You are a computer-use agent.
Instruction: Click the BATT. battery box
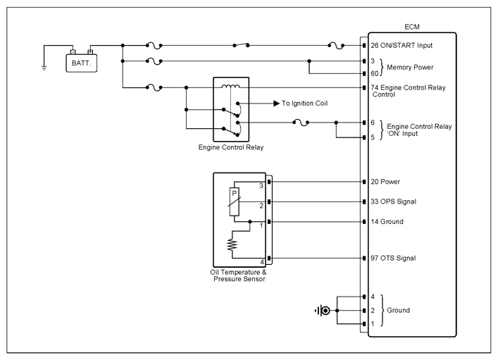[81, 63]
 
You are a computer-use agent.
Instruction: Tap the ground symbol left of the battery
[44, 68]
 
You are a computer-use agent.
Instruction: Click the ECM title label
[412, 27]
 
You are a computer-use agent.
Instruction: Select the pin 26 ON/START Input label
[401, 45]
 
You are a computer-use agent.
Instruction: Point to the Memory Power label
[410, 68]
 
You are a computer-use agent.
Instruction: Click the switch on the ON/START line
[241, 45]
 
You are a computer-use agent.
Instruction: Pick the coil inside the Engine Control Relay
[231, 86]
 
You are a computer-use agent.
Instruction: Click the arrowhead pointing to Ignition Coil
[277, 104]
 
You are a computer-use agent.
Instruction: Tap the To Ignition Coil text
[304, 104]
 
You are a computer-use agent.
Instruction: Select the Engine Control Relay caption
[231, 147]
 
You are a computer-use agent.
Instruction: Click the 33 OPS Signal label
[393, 201]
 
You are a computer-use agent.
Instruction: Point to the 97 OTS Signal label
[393, 258]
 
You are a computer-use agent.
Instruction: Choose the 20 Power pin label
[385, 182]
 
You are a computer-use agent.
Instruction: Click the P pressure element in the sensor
[235, 201]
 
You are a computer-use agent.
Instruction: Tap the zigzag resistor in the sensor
[232, 244]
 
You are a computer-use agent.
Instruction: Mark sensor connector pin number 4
[262, 262]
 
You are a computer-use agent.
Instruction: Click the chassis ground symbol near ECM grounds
[323, 311]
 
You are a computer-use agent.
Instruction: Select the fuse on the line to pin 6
[301, 123]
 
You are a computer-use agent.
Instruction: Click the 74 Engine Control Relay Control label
[408, 91]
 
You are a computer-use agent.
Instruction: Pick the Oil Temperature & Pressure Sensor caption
[239, 275]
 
